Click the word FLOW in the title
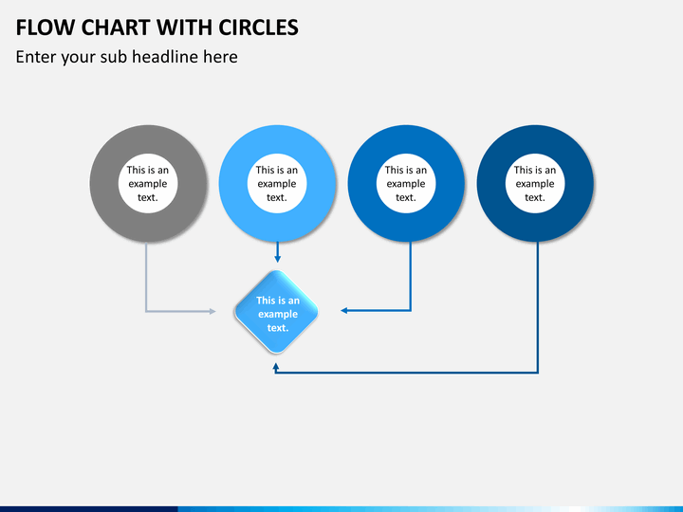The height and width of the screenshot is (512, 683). [44, 27]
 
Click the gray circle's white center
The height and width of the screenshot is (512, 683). [147, 183]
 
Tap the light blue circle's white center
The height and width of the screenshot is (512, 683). [276, 183]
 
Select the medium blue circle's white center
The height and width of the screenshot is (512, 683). [406, 183]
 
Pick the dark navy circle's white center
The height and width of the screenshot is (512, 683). [535, 183]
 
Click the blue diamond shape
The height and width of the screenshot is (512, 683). [277, 313]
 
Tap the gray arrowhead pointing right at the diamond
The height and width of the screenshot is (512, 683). [212, 310]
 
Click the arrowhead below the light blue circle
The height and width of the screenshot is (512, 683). [277, 258]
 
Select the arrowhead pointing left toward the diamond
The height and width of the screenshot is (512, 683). [345, 310]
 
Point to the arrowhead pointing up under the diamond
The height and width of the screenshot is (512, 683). [276, 365]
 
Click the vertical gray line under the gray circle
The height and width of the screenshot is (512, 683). [146, 275]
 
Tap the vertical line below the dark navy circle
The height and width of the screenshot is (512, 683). [538, 303]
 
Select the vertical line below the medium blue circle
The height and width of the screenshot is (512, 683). [411, 275]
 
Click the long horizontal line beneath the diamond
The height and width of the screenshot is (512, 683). [408, 372]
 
